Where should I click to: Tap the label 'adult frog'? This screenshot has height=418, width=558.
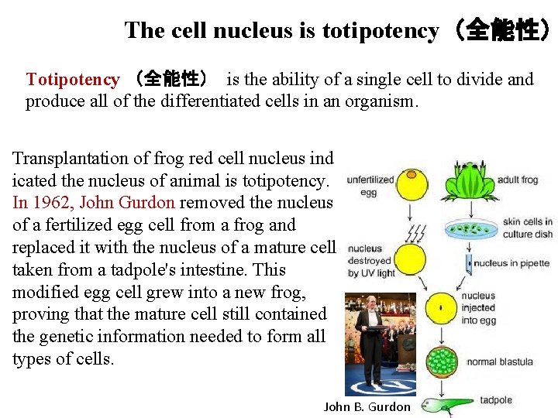click(518, 180)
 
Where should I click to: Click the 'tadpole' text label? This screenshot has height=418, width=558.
click(495, 400)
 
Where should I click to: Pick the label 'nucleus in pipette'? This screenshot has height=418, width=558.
click(511, 263)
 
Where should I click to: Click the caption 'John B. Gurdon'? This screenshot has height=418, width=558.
click(367, 406)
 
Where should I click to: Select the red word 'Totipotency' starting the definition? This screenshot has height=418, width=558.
click(72, 79)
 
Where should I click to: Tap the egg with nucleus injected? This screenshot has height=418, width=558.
click(439, 307)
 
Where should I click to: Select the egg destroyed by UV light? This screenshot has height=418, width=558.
click(409, 260)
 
